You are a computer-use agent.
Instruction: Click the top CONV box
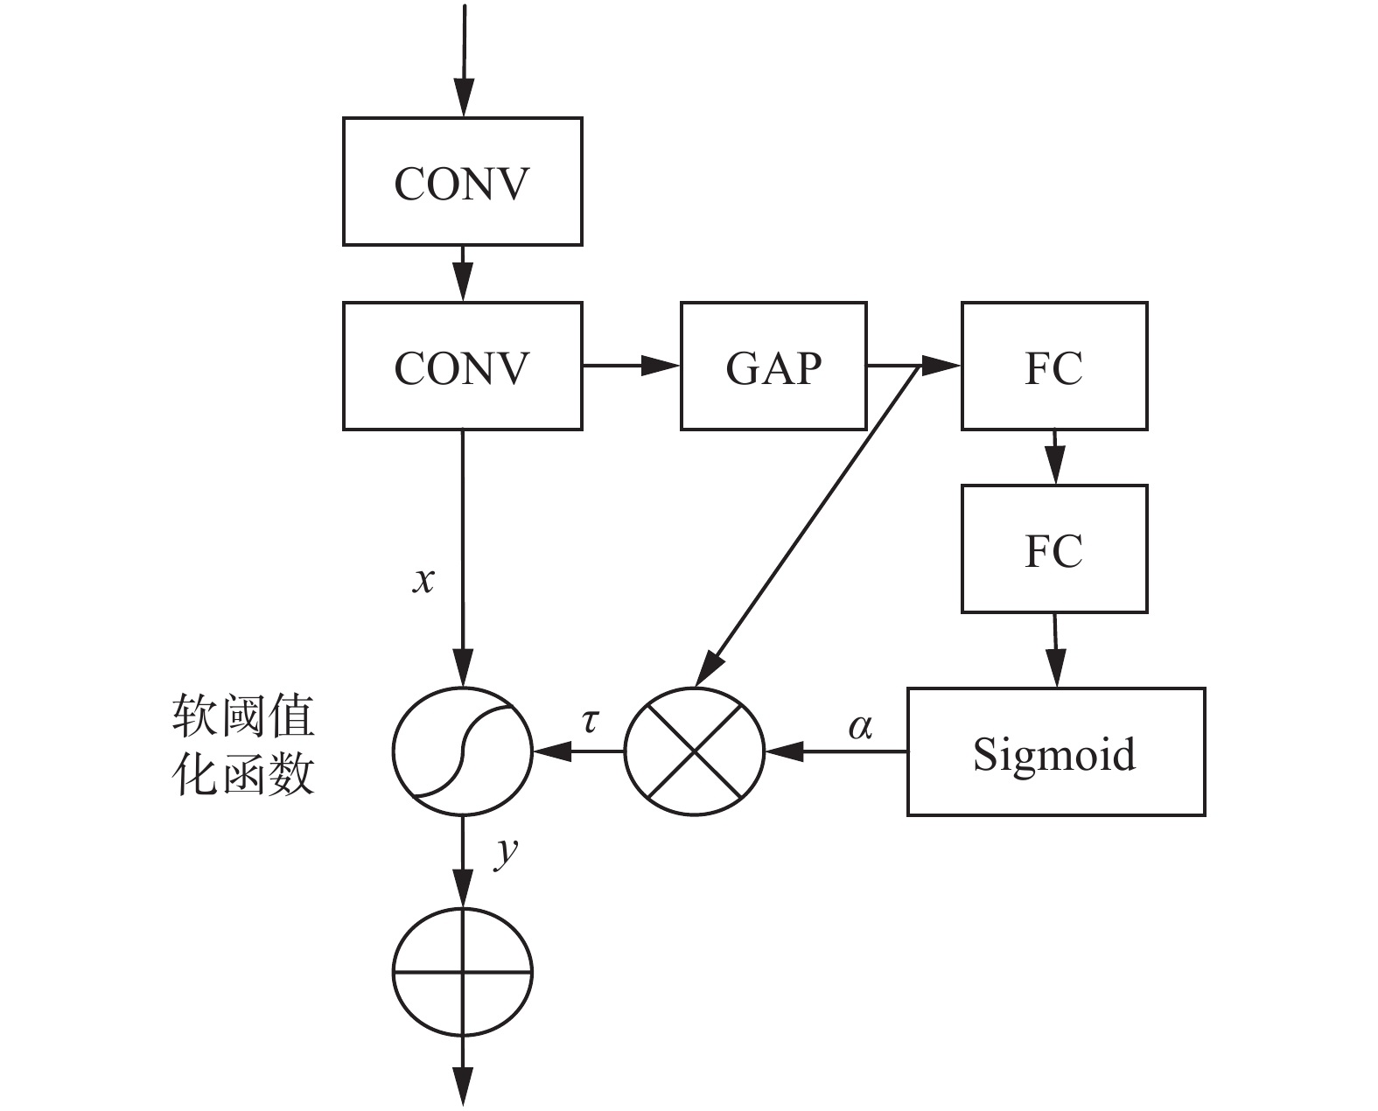pyautogui.click(x=462, y=182)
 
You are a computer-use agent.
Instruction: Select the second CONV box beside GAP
pyautogui.click(x=462, y=367)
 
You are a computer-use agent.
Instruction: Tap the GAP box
pyautogui.click(x=773, y=367)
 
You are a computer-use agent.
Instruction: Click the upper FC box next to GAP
pyautogui.click(x=1054, y=367)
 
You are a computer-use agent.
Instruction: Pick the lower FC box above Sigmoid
pyautogui.click(x=1054, y=549)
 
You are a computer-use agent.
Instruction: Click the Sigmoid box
pyautogui.click(x=1055, y=752)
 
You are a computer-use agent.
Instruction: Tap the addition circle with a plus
pyautogui.click(x=462, y=971)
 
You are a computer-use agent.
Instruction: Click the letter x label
pyautogui.click(x=423, y=580)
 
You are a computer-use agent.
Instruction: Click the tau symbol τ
pyautogui.click(x=591, y=722)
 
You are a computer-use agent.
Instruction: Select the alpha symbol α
pyautogui.click(x=860, y=726)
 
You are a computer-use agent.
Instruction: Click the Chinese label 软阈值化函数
pyautogui.click(x=242, y=746)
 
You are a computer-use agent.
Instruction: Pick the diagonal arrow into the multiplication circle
pyautogui.click(x=805, y=525)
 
